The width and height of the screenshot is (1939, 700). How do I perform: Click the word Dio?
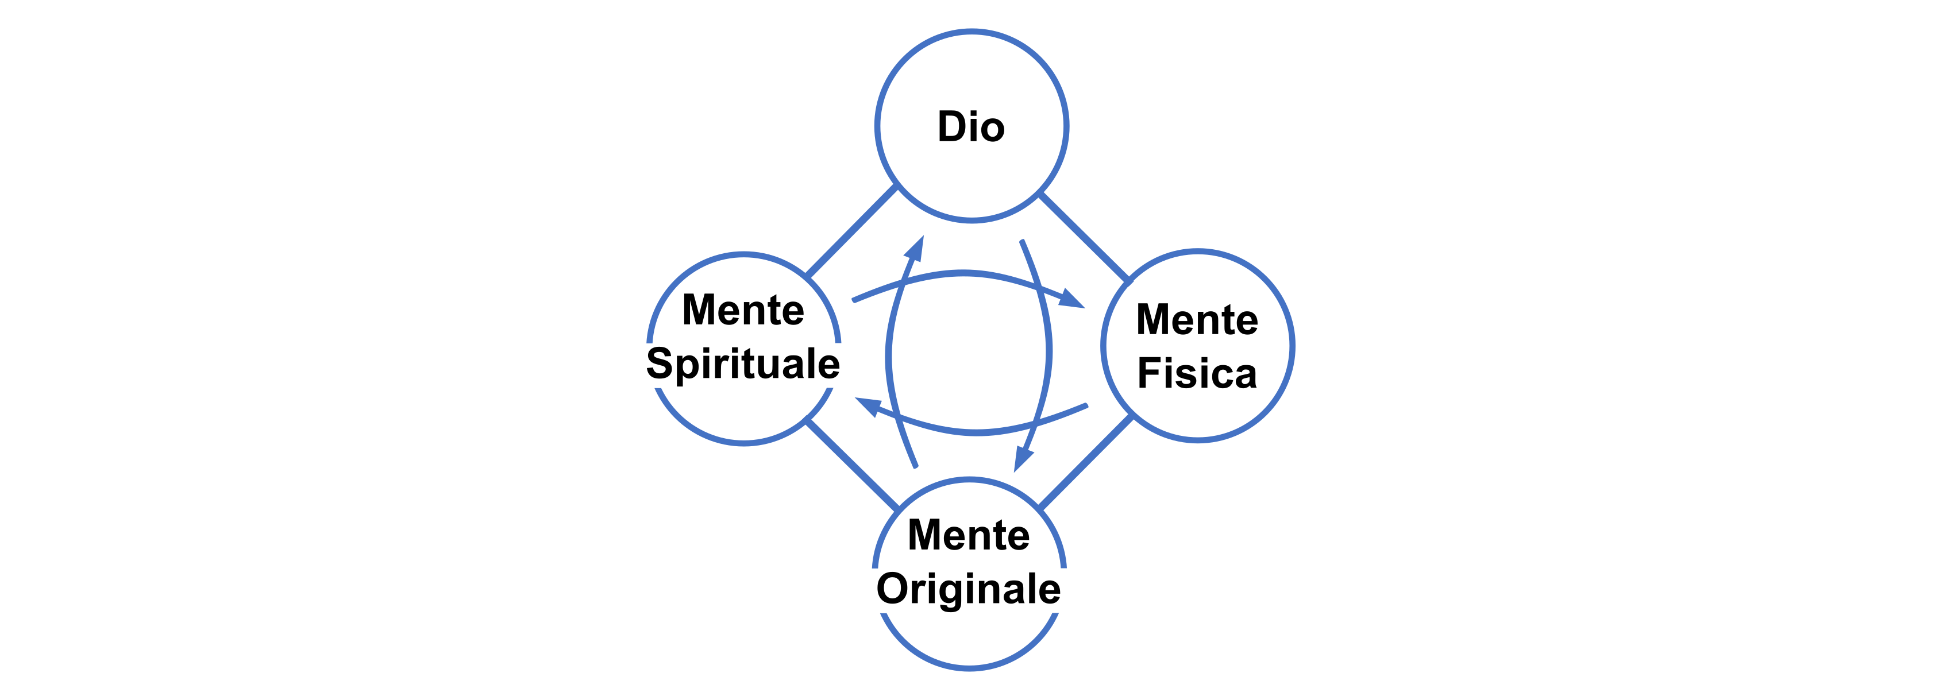pos(971,126)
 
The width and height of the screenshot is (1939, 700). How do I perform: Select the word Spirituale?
pos(743,364)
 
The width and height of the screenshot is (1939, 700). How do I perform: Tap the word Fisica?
pos(1197,373)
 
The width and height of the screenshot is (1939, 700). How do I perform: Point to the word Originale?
pos(968,589)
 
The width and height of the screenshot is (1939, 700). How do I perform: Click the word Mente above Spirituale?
pos(743,310)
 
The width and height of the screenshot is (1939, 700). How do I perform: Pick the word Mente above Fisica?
pos(1197,319)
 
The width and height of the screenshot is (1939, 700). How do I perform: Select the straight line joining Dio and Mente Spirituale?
pos(850,230)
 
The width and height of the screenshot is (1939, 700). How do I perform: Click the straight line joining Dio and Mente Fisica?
pos(1084,237)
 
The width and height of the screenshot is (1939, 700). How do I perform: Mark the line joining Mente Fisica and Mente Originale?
pos(1085,461)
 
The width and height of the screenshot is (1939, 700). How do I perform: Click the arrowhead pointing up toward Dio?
pos(915,249)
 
